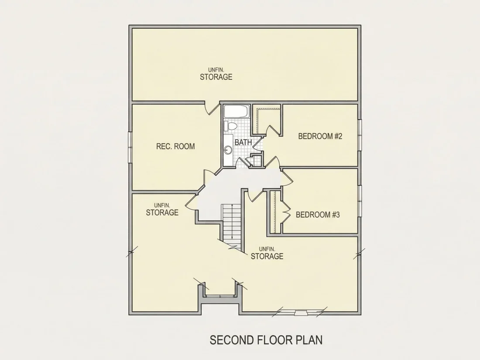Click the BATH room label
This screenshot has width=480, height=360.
point(243,142)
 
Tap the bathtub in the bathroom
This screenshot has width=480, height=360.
point(237,111)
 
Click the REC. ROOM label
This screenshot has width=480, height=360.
point(175,146)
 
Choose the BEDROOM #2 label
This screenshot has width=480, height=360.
point(320,136)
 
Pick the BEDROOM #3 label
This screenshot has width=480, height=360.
point(318,215)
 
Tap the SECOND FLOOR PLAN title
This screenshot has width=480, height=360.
point(266,340)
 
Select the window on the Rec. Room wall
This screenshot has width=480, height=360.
point(130,147)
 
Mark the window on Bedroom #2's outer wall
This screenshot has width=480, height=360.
point(360,135)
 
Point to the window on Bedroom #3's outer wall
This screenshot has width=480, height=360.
point(360,201)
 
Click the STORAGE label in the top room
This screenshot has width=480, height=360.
point(216,77)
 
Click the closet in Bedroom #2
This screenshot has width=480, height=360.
point(266,120)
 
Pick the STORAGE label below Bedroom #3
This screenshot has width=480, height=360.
point(267,256)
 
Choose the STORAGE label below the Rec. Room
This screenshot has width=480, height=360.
point(162,213)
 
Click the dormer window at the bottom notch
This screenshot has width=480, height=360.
point(220,296)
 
